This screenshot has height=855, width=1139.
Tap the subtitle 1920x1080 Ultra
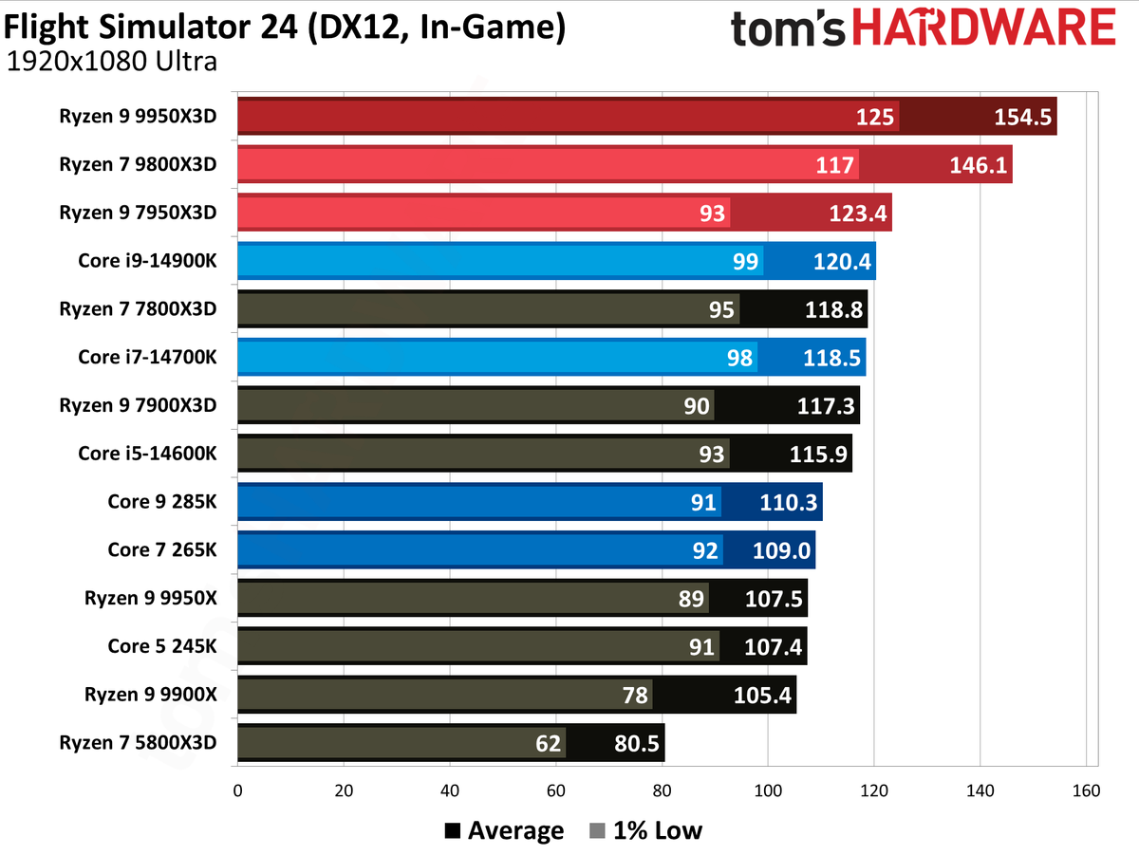coord(112,63)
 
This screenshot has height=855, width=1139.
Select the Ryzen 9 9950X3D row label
coord(137,115)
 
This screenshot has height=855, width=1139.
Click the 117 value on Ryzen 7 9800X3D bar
coord(834,165)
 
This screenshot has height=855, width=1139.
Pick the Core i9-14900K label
coord(147,259)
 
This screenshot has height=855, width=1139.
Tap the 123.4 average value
coord(857,214)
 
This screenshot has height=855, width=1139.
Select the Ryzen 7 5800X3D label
coord(137,741)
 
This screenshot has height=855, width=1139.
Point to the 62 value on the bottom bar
coord(549,743)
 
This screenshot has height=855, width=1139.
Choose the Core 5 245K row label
coord(161,645)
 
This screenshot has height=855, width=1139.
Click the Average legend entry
coord(504,831)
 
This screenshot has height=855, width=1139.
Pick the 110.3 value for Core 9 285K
coord(789,502)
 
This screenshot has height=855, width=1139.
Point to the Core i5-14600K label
coord(147,453)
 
